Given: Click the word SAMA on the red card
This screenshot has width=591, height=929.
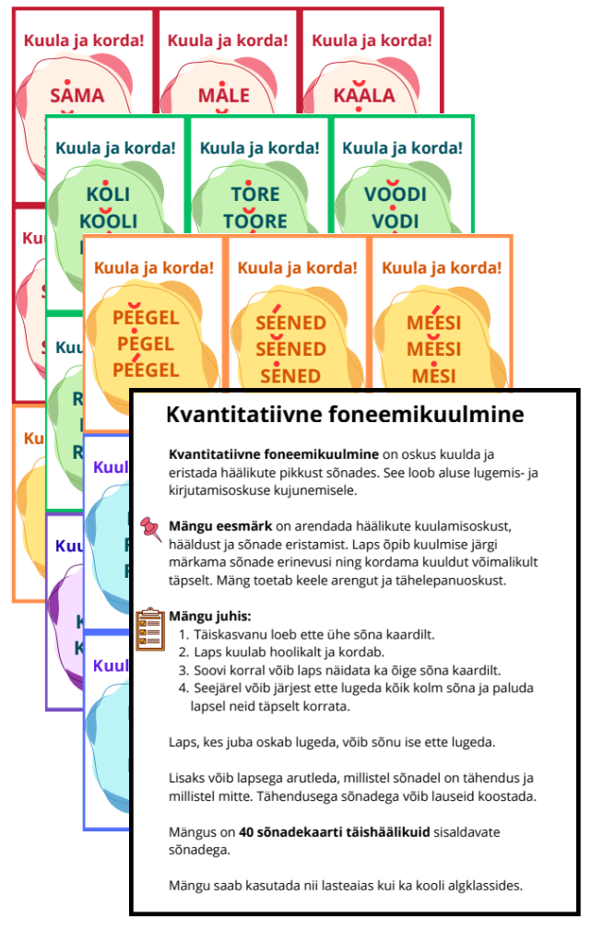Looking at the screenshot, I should (x=77, y=95).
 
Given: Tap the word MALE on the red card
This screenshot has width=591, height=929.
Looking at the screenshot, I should (x=223, y=95).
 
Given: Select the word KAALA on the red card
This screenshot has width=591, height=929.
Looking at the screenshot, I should (x=366, y=95).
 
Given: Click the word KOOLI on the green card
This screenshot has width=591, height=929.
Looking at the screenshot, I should (x=109, y=221).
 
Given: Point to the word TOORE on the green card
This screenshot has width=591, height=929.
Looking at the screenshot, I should (x=255, y=221).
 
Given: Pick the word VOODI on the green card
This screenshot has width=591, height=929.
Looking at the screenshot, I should (x=396, y=194).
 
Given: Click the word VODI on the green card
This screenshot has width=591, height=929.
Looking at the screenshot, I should (x=396, y=221).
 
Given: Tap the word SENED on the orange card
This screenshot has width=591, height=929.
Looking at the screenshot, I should (x=290, y=375).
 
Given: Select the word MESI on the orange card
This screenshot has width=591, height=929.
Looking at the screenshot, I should (x=433, y=375).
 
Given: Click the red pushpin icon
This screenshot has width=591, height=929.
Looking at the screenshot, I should (x=149, y=529).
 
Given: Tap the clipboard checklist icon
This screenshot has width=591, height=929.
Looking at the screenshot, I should (x=149, y=629).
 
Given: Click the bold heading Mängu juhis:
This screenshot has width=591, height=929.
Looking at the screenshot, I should (x=210, y=616).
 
